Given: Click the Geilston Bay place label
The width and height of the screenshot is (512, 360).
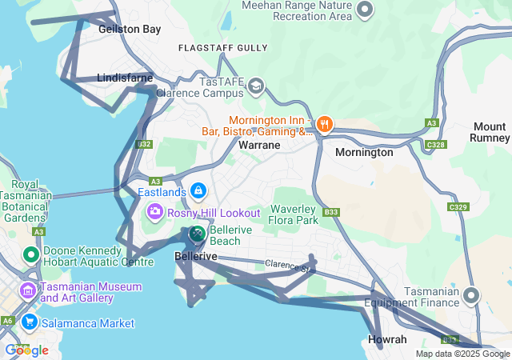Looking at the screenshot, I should [130, 29].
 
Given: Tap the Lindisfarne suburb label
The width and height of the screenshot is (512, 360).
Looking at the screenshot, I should [124, 78].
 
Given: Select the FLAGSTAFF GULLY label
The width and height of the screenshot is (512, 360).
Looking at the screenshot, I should [223, 48].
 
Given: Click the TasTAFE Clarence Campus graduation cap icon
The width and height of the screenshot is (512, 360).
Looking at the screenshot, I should [256, 86].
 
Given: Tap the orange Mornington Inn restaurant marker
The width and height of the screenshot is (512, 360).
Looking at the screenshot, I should [324, 124].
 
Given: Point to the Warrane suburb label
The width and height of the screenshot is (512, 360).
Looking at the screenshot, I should [259, 146].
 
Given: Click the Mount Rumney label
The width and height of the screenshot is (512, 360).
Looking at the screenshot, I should [490, 132].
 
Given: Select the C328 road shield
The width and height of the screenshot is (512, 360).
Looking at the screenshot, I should [436, 145].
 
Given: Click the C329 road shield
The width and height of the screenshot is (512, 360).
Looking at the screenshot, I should [458, 207].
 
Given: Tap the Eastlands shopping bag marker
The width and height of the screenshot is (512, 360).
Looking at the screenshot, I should [198, 192].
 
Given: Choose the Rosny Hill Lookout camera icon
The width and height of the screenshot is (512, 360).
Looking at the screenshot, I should [154, 212].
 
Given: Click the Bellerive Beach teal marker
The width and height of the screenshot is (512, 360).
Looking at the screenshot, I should [197, 234].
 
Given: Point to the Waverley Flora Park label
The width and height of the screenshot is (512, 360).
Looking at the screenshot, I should [294, 214].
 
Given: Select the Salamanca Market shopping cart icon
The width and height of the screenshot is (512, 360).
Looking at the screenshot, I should [30, 322].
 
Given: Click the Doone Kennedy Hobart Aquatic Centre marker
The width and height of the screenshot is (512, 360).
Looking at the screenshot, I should [30, 255].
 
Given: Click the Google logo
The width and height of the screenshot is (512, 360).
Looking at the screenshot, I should [26, 350].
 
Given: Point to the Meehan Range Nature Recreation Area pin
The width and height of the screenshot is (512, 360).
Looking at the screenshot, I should [365, 10].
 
